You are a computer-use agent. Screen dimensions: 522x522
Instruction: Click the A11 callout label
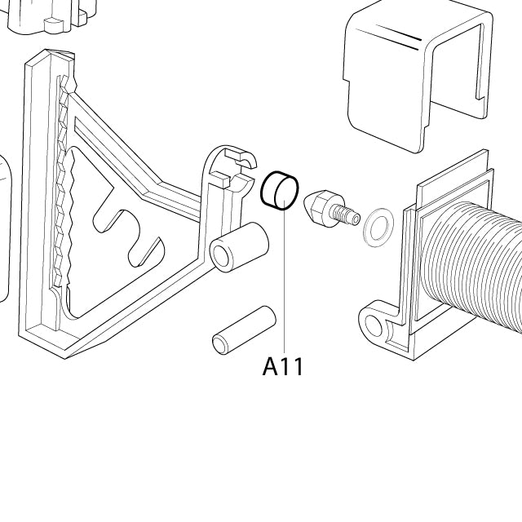coord(283,367)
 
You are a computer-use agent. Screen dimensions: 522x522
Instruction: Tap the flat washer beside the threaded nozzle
coord(377,228)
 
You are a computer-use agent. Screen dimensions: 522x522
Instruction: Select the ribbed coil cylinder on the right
coord(477,269)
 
